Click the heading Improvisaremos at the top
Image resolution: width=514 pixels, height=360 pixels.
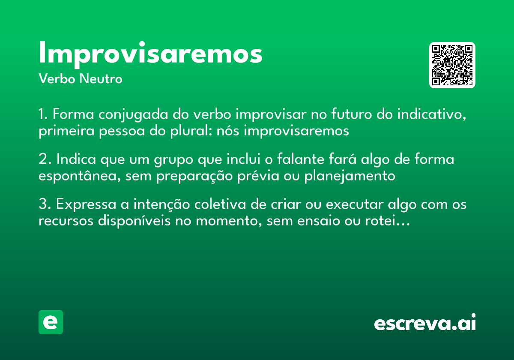[x=150, y=54]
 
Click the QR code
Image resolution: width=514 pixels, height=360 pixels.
[x=452, y=65]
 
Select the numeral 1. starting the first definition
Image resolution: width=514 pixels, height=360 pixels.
[x=44, y=115]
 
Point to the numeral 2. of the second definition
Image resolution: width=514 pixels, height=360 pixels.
[x=45, y=159]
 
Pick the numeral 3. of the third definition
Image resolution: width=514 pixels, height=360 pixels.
[x=45, y=205]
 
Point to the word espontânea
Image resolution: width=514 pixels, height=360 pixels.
[x=79, y=176]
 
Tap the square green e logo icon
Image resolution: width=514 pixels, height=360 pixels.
[x=51, y=322]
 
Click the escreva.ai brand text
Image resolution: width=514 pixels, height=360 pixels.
[x=425, y=322]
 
